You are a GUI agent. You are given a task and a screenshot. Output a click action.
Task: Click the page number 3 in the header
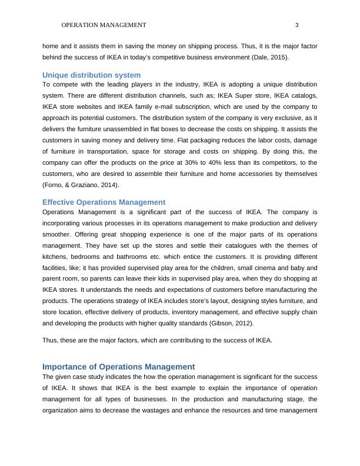click(297, 25)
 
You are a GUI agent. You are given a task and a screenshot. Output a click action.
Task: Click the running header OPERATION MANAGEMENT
click(104, 25)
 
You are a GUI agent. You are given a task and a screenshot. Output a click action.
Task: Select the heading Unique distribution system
click(91, 75)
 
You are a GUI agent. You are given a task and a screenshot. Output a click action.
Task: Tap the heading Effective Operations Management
click(104, 202)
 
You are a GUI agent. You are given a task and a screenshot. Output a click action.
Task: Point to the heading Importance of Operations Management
click(118, 366)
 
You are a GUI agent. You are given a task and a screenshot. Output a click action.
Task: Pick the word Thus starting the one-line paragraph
click(51, 340)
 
